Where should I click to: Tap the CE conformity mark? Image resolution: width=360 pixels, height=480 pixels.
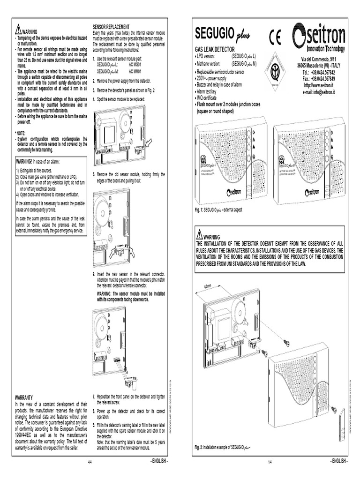coord(275,37)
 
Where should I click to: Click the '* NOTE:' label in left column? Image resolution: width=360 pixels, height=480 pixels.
coord(22,134)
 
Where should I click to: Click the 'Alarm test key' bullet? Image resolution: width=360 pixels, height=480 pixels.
coord(211,92)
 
